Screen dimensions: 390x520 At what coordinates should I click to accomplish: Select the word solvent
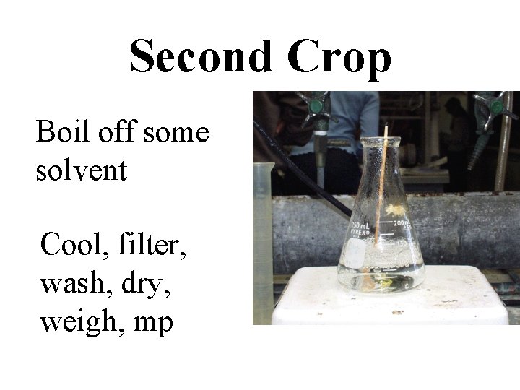pyautogui.click(x=81, y=171)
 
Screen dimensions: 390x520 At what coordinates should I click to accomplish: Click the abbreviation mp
pyautogui.click(x=153, y=324)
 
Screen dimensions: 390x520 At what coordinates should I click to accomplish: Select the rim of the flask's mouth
pyautogui.click(x=381, y=139)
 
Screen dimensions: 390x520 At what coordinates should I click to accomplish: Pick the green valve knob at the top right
pyautogui.click(x=497, y=105)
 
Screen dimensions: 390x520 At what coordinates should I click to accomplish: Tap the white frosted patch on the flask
pyautogui.click(x=356, y=252)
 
